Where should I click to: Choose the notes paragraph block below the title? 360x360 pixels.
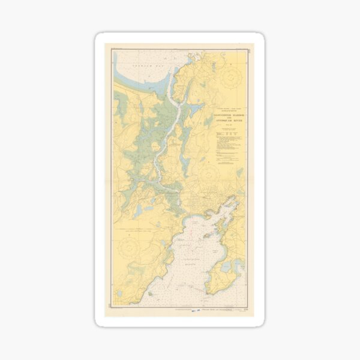[x=230, y=147]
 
